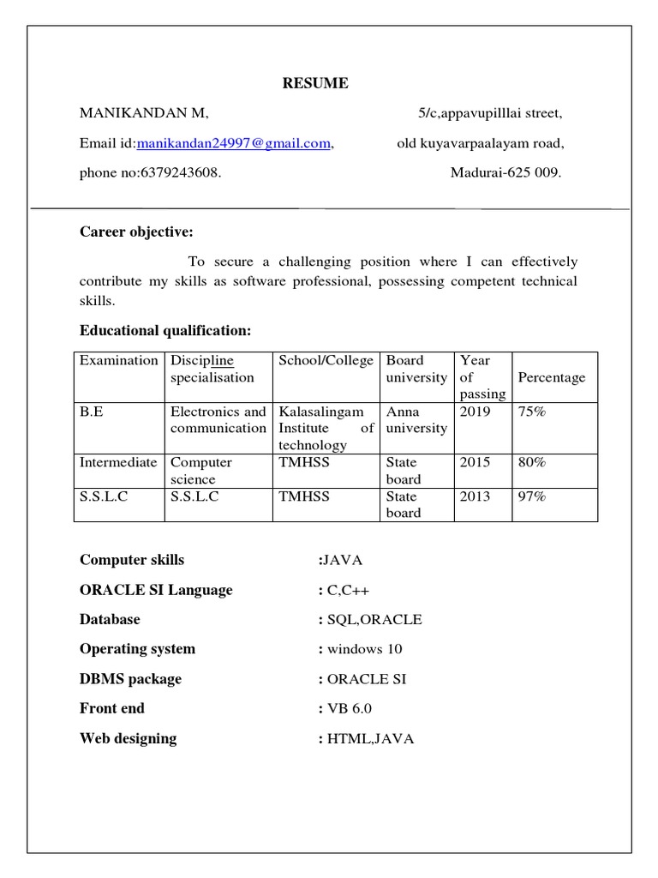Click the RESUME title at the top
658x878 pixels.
point(316,83)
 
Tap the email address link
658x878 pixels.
point(234,143)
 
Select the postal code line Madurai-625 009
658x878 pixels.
point(506,172)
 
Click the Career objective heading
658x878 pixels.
point(137,232)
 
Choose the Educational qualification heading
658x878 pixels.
point(165,330)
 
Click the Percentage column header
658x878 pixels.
point(552,377)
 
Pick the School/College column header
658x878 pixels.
point(326,360)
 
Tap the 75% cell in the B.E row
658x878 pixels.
point(532,412)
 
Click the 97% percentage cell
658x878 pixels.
point(532,496)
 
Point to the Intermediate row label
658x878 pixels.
point(118,462)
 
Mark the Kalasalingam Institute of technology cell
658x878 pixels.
point(326,428)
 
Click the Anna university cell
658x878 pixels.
point(416,419)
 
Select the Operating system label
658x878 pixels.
point(137,649)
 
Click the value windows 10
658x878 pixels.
point(364,649)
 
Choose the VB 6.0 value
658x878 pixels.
point(350,708)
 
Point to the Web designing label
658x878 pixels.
point(129,738)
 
